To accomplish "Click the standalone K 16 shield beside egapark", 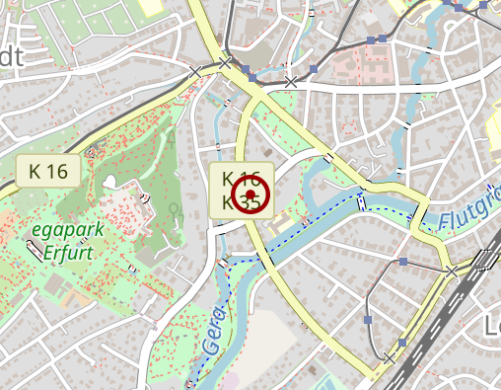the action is pos(48,170).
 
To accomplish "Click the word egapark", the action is pos(64,229).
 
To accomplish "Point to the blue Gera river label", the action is pos(213,331).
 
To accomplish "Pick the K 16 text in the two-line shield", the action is pos(241,180).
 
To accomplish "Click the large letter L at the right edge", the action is pos(491,326).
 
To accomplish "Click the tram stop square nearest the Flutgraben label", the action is pos(403,262).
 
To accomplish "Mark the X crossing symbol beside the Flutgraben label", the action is pos(452,271).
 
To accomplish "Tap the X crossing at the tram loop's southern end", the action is pos(390,358).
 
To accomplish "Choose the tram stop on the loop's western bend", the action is pos(368,320).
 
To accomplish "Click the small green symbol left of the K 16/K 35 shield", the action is pos(175,209).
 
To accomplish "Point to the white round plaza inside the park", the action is pos(109,183).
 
